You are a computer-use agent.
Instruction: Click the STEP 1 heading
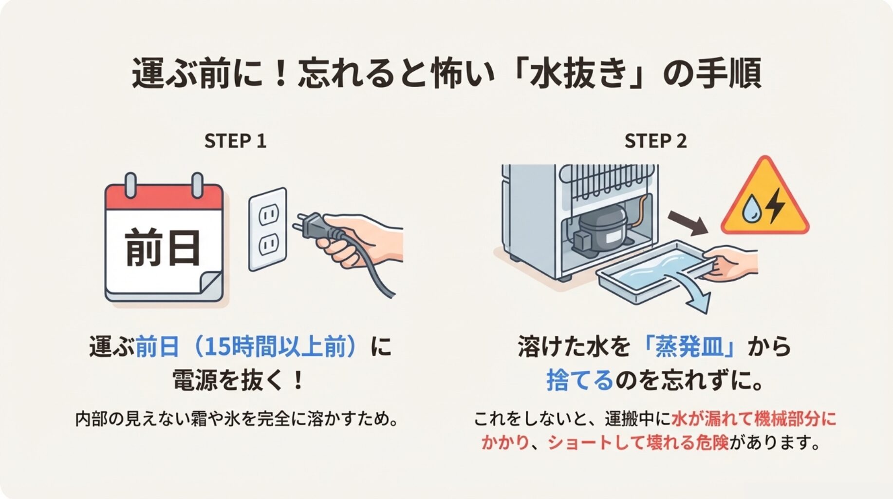(235, 141)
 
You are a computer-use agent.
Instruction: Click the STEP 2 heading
(655, 141)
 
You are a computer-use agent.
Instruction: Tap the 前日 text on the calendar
(163, 248)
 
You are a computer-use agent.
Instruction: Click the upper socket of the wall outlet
(268, 214)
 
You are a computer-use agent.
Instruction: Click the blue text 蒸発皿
(689, 347)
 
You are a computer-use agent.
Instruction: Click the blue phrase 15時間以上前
(280, 347)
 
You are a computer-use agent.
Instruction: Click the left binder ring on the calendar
(130, 185)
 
